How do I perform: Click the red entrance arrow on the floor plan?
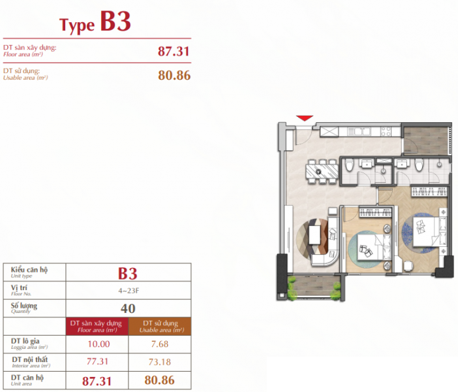[304, 118]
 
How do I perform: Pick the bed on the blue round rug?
[424, 231]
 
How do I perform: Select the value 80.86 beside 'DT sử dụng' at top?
[174, 75]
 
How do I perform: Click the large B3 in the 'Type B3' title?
[115, 22]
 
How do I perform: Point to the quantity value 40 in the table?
[128, 307]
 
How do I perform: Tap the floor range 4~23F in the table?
[128, 289]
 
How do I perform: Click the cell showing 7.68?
[159, 344]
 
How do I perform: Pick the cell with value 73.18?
[159, 361]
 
